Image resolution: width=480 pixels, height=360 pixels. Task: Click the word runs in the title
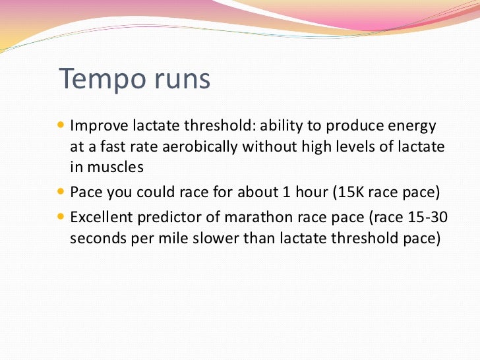[180, 80]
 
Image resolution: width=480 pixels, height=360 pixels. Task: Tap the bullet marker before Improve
[62, 125]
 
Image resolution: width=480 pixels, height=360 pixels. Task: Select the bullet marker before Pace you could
[62, 193]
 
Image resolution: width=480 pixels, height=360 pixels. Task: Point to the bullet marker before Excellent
[62, 216]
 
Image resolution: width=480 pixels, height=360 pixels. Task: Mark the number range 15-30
[420, 216]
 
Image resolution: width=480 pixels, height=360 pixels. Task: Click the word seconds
[94, 238]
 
